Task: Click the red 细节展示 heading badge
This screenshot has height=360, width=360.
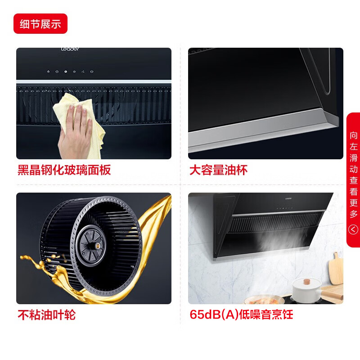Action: (40, 24)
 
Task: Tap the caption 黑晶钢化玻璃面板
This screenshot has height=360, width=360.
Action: (64, 170)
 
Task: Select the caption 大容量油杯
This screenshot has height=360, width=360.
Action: (218, 170)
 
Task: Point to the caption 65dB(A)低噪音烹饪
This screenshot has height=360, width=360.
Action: (241, 315)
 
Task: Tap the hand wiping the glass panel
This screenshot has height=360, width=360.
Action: (76, 130)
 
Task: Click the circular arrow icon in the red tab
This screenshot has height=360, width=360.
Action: (354, 230)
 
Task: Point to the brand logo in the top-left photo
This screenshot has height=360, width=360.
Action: (70, 50)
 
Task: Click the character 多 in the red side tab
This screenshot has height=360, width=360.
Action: (354, 214)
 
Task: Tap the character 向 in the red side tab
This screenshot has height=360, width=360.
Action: (354, 135)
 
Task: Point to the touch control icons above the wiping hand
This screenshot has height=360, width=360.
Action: (69, 71)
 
